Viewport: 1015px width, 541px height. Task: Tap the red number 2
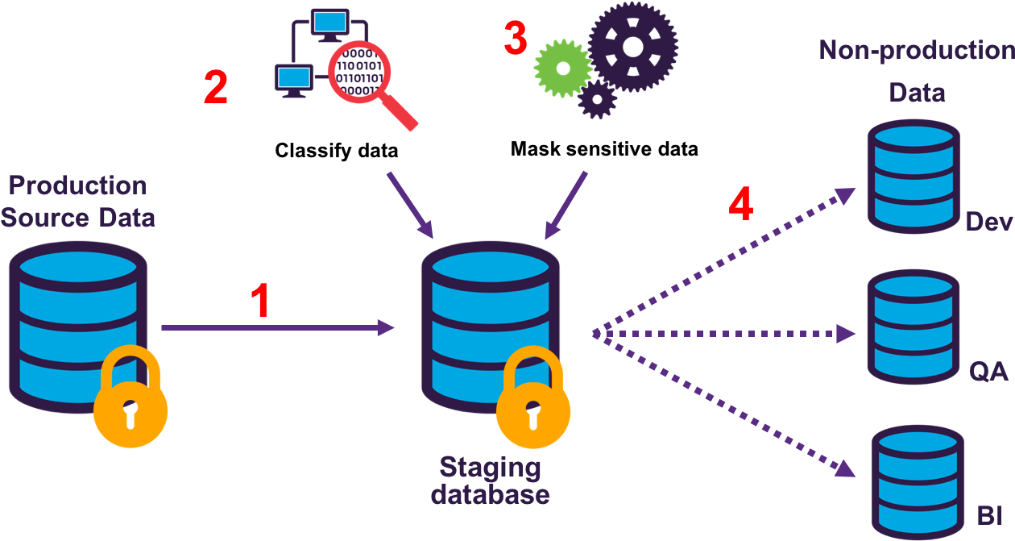coord(215,88)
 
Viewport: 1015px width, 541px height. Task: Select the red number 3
coord(516,39)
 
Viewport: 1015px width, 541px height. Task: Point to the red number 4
coord(740,205)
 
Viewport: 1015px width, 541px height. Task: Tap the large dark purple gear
coord(632,47)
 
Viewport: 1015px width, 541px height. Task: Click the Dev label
coord(988,222)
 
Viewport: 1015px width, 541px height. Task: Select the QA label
coord(989,372)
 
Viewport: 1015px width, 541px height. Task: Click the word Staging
coord(490,467)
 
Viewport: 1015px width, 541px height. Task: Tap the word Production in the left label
coord(78,185)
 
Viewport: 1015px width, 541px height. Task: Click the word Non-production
coord(917,51)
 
